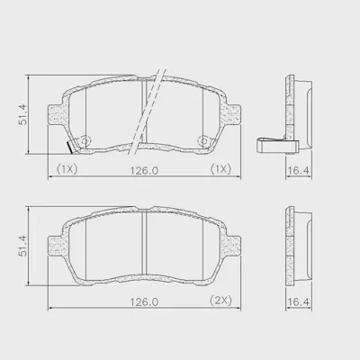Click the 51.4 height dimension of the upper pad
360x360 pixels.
coord(23,114)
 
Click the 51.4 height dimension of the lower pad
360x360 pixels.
coord(23,246)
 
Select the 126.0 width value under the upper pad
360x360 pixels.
coord(144,171)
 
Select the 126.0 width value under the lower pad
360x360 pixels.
coord(144,301)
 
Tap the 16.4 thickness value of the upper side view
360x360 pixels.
coord(298,171)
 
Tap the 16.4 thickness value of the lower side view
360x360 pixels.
coord(298,301)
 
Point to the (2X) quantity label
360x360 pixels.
coord(220,300)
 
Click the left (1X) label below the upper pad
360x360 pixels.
coord(67,169)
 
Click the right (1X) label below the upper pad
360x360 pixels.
coord(220,169)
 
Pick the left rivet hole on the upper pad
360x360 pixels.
coord(85,140)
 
